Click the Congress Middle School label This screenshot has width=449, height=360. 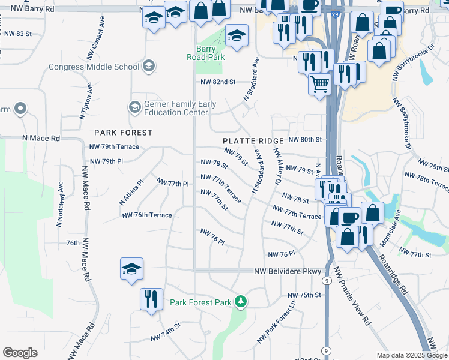tap(94, 66)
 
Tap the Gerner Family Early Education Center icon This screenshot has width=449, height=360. tap(135, 108)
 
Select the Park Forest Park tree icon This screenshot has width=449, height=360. tap(240, 300)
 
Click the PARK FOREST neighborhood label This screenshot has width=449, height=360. tap(123, 132)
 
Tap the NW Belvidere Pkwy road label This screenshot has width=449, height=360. tap(287, 271)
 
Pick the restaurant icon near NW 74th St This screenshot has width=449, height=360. tap(151, 298)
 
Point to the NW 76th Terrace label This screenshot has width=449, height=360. tap(146, 215)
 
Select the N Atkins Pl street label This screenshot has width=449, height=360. tap(132, 190)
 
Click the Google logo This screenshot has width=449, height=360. tap(20, 353)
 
